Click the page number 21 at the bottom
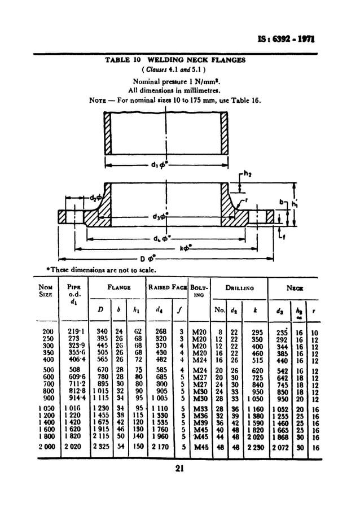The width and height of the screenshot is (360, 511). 181,468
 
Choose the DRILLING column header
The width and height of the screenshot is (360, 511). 240,287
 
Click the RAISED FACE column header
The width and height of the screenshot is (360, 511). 168,287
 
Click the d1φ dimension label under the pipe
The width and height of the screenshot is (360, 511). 160,165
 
